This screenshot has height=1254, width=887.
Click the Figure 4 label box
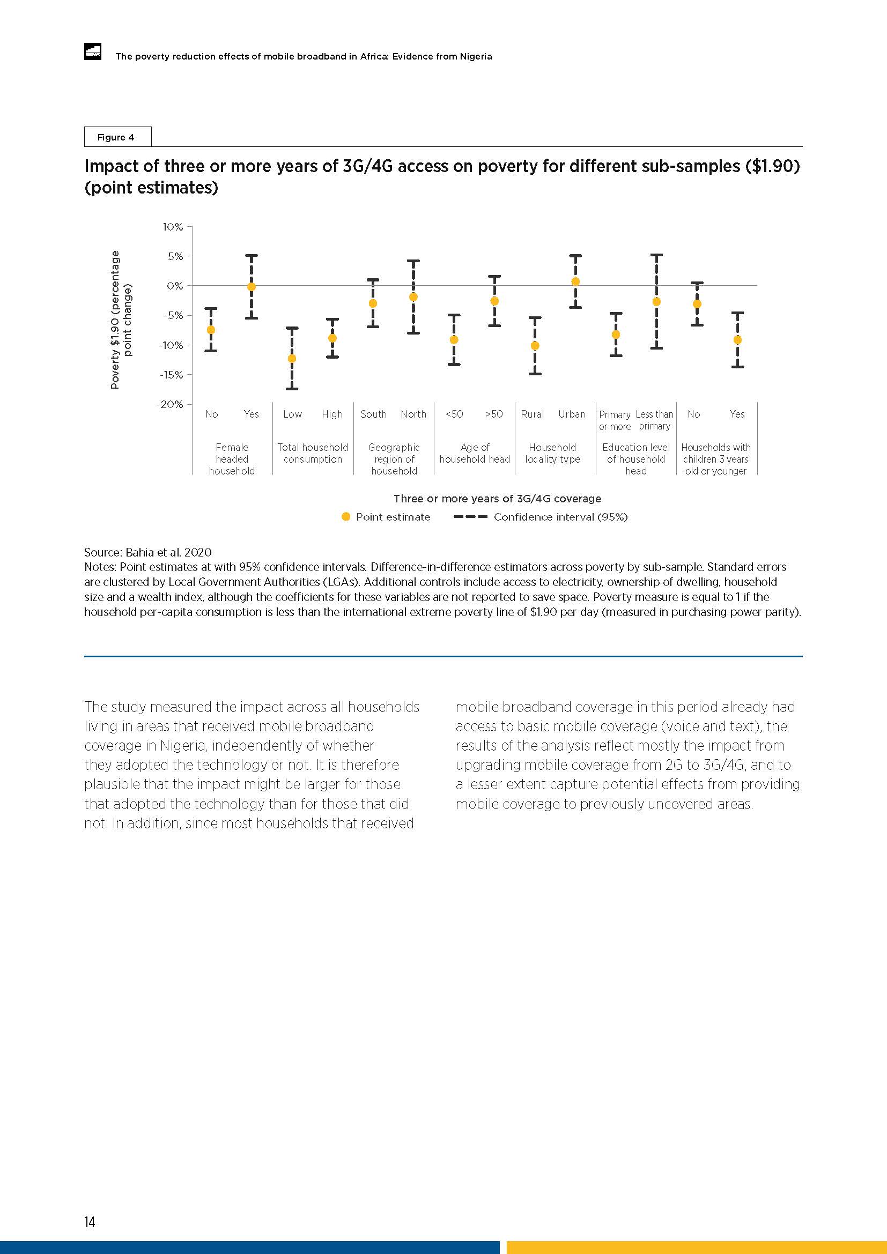coord(117,137)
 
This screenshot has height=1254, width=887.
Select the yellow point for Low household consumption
coord(292,358)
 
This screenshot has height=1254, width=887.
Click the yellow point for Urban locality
coord(575,282)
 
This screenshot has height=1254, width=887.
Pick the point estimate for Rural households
coord(535,346)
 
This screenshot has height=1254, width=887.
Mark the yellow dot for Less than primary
coord(656,301)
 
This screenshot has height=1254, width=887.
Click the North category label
coord(413,414)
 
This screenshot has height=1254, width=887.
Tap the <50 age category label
coord(454,414)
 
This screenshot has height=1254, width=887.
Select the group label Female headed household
coord(232,459)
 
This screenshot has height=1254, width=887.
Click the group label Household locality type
coord(552,453)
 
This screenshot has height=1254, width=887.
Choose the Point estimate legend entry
coord(385,517)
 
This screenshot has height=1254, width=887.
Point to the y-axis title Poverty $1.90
coord(121,320)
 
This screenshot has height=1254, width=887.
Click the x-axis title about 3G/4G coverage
coord(497,499)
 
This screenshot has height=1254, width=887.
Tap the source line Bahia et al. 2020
coord(147,552)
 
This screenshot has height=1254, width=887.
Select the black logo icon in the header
coord(92,51)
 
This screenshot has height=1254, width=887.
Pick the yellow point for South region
coord(373,303)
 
